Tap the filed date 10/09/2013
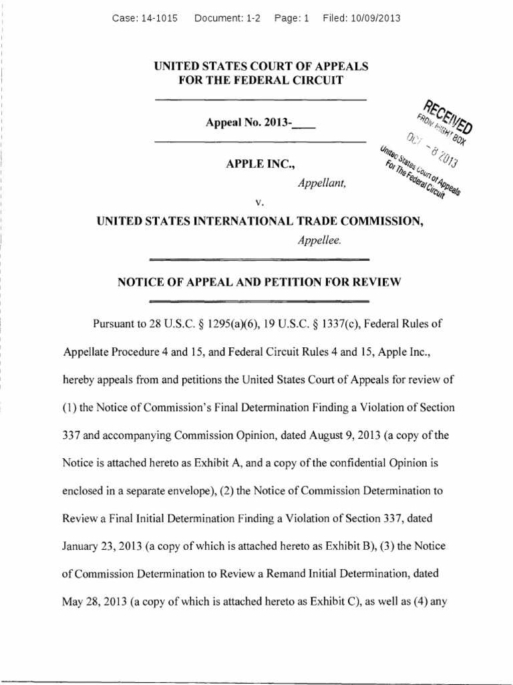click(x=375, y=19)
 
